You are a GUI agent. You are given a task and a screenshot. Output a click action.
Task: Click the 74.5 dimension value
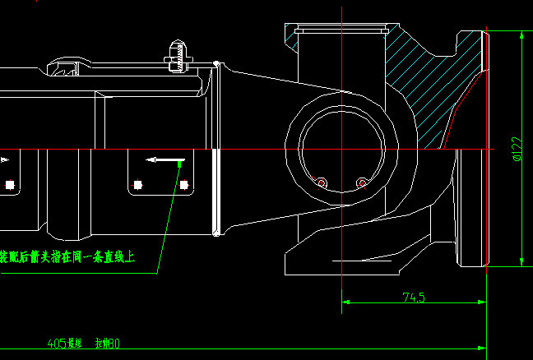click(413, 298)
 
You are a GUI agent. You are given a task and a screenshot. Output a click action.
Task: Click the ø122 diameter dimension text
click(517, 148)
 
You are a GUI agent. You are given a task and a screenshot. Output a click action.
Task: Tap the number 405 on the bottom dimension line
click(57, 343)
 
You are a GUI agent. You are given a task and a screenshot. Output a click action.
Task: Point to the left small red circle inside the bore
click(322, 182)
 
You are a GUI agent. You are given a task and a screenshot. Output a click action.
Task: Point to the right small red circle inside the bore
click(361, 182)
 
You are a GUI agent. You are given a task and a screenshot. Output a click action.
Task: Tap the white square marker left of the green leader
click(139, 183)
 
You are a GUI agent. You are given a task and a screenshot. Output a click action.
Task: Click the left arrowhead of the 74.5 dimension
click(346, 302)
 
